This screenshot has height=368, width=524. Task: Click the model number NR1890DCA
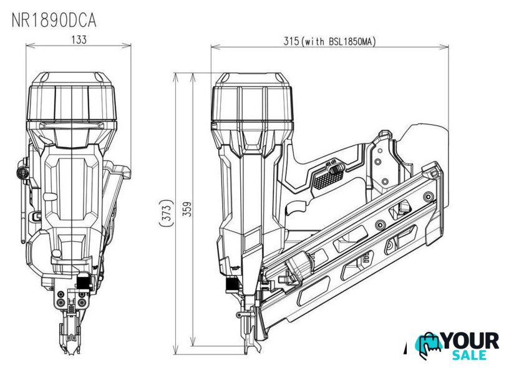54,21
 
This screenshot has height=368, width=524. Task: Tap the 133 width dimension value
79,40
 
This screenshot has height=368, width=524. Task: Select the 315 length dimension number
291,41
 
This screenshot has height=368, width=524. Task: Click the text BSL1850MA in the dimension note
349,41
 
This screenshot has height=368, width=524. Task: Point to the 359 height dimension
188,209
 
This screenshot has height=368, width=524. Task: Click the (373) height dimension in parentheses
167,213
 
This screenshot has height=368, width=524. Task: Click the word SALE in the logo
470,355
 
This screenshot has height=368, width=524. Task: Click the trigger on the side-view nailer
296,208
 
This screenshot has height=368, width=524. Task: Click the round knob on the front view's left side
22,173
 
